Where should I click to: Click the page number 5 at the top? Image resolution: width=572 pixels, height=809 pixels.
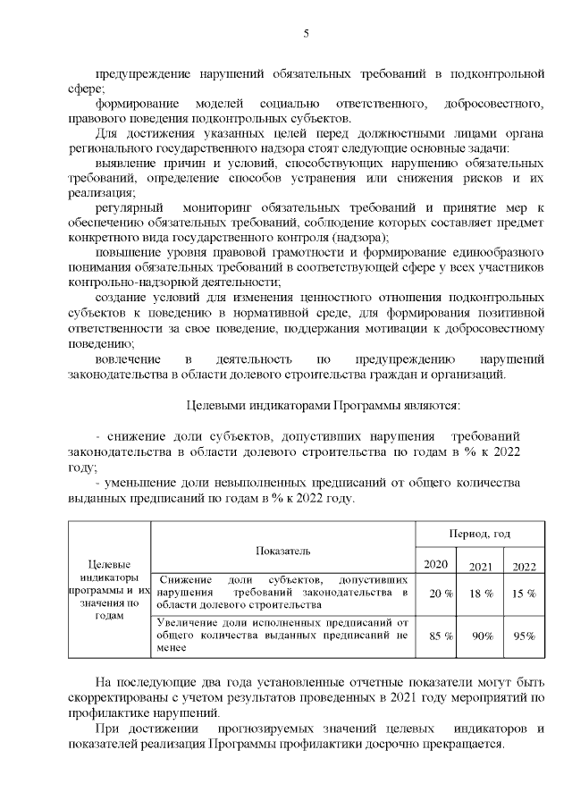pos(306,33)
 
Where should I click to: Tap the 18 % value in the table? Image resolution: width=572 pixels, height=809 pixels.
pos(483,593)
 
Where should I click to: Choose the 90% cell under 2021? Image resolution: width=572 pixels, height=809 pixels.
pos(483,636)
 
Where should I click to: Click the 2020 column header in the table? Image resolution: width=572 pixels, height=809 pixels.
pos(435,563)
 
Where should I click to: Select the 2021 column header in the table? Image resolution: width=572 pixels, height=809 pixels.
pos(482,566)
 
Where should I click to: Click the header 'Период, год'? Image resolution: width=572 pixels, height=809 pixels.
pos(479,534)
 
